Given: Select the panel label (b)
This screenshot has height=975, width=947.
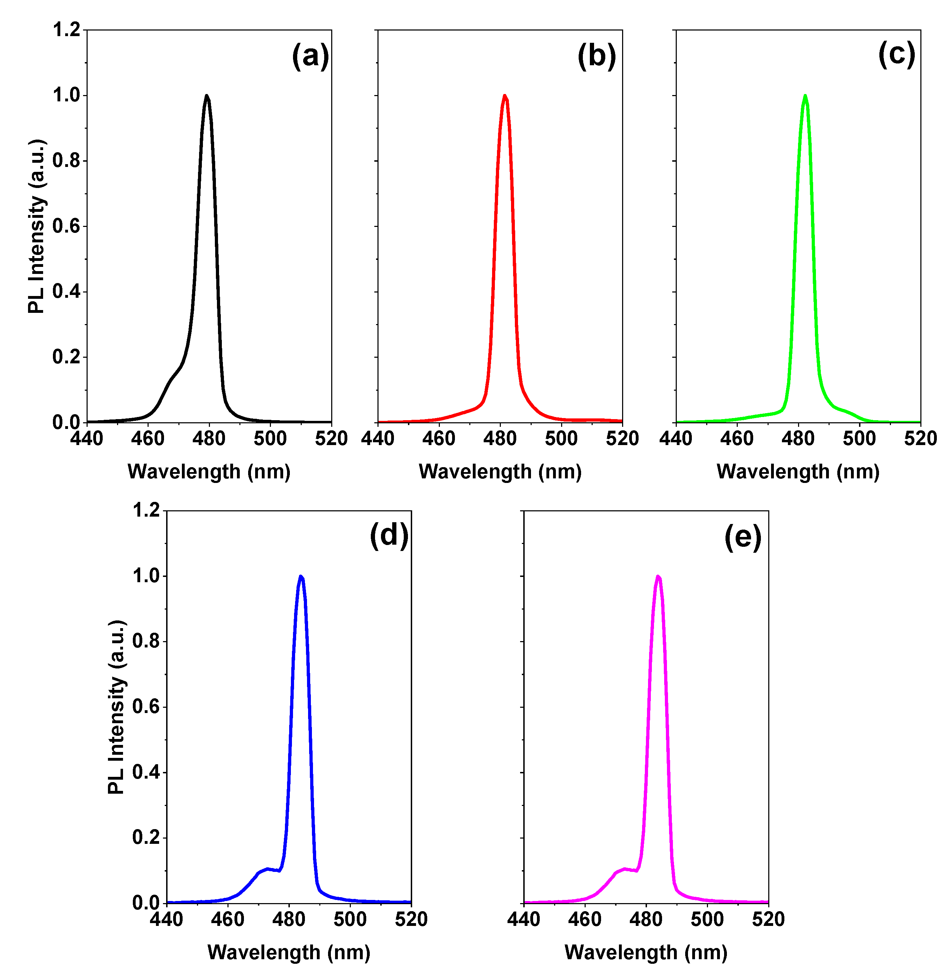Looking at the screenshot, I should pos(597,56).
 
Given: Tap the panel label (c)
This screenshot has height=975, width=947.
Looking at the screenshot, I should pos(896,54).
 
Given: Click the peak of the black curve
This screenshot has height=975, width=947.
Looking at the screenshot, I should pos(206,96).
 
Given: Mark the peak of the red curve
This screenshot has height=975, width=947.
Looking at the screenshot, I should pos(504,96).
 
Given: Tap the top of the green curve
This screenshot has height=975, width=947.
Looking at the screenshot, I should pos(805,96).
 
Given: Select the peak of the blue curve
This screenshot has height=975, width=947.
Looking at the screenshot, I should pos(300,577).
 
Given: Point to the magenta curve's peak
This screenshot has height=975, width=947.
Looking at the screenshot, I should pos(658,577).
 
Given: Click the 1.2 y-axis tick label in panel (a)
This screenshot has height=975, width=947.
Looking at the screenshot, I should pos(67,30).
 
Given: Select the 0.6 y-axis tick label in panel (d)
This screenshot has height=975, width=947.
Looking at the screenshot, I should pos(146,707).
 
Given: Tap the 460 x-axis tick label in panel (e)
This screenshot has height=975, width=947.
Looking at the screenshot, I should pos(585,920).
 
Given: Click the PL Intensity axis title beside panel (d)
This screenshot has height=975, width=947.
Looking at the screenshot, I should pos(116,707).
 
